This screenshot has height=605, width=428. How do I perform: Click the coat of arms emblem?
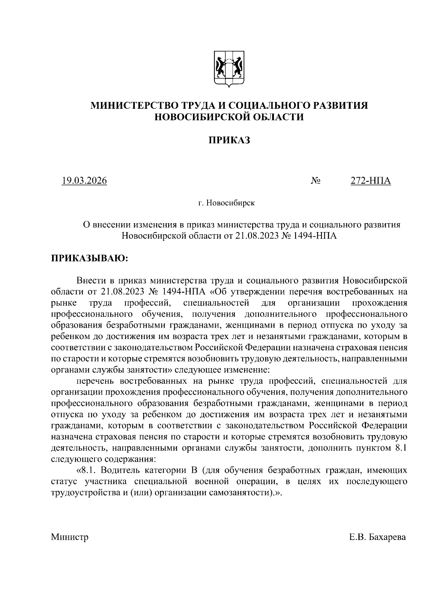tap(229, 68)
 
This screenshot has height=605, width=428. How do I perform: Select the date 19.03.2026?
tap(84, 181)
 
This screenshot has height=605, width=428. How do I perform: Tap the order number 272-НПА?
tap(371, 181)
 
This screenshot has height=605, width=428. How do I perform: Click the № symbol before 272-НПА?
tap(315, 181)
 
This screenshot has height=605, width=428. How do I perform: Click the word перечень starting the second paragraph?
tap(95, 381)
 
